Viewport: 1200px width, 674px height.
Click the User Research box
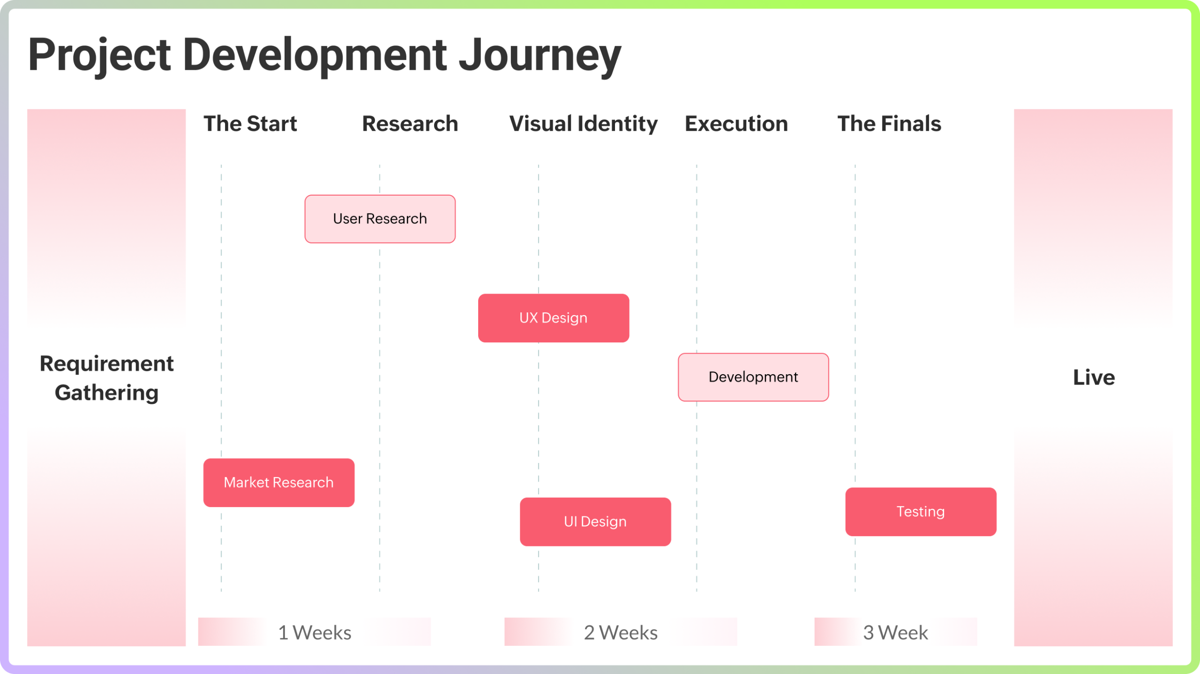pos(380,219)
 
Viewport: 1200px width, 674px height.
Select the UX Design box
pos(553,318)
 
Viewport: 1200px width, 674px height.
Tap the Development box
pos(753,377)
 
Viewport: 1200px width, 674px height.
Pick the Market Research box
pos(278,483)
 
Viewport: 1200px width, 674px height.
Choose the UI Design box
pos(595,522)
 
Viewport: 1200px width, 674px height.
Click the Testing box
pos(921,512)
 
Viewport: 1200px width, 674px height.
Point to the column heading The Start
pos(250,124)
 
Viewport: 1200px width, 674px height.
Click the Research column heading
pos(410,124)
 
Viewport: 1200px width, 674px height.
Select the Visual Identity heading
pos(584,124)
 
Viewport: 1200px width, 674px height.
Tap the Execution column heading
pos(736,124)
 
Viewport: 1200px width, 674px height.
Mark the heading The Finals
pos(889,124)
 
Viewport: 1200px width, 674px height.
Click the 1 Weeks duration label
pos(315,633)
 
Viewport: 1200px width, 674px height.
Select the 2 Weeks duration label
pos(621,633)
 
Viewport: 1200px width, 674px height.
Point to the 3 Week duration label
pos(895,633)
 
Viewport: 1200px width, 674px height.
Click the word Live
pos(1094,378)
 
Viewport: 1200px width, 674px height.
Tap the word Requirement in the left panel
pos(106,364)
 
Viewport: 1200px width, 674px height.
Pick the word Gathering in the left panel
pos(106,393)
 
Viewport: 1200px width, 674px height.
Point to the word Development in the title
pos(315,55)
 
